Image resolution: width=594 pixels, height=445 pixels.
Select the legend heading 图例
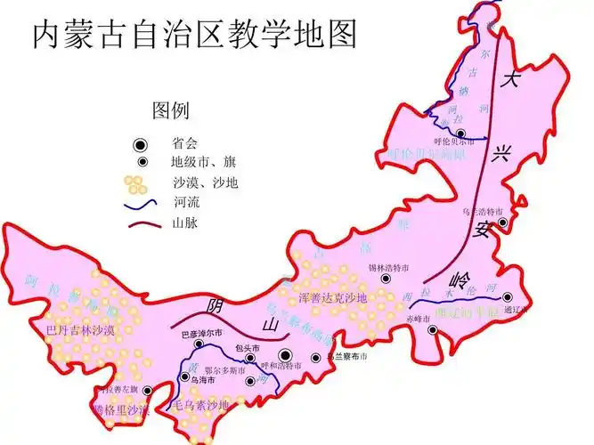coord(170,110)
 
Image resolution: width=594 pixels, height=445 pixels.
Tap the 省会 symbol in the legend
coord(140,144)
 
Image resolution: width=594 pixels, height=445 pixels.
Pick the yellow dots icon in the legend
coord(135,184)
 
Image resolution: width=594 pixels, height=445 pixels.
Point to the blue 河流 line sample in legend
coord(139,204)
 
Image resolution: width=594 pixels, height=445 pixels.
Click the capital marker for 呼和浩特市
coord(285,355)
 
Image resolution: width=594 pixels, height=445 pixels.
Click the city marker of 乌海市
coord(184,376)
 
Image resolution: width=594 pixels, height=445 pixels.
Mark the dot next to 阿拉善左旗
coord(148,390)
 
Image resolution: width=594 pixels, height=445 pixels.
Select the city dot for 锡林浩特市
coord(386,278)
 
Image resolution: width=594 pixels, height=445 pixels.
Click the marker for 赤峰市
coord(432,330)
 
